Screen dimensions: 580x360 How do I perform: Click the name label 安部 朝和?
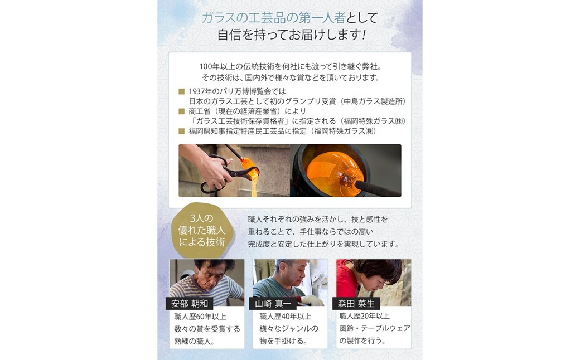pos(190,304)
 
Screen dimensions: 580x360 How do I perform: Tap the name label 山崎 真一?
pos(273,304)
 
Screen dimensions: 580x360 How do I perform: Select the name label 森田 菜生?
pos(356,304)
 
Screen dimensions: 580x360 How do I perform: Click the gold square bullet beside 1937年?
pos(181,91)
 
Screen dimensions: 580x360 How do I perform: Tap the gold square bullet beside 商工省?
pos(181,111)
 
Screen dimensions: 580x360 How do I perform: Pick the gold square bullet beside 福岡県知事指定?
pos(181,131)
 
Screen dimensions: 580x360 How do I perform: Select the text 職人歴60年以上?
pos(200,317)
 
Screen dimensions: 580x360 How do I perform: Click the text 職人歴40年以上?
pos(285,317)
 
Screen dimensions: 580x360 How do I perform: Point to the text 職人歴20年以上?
pos(364,316)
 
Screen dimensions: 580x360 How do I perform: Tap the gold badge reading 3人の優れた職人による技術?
pos(202,230)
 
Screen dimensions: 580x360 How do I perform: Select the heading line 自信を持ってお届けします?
pos(292,35)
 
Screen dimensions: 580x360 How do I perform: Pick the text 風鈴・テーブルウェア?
pos(375,328)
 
